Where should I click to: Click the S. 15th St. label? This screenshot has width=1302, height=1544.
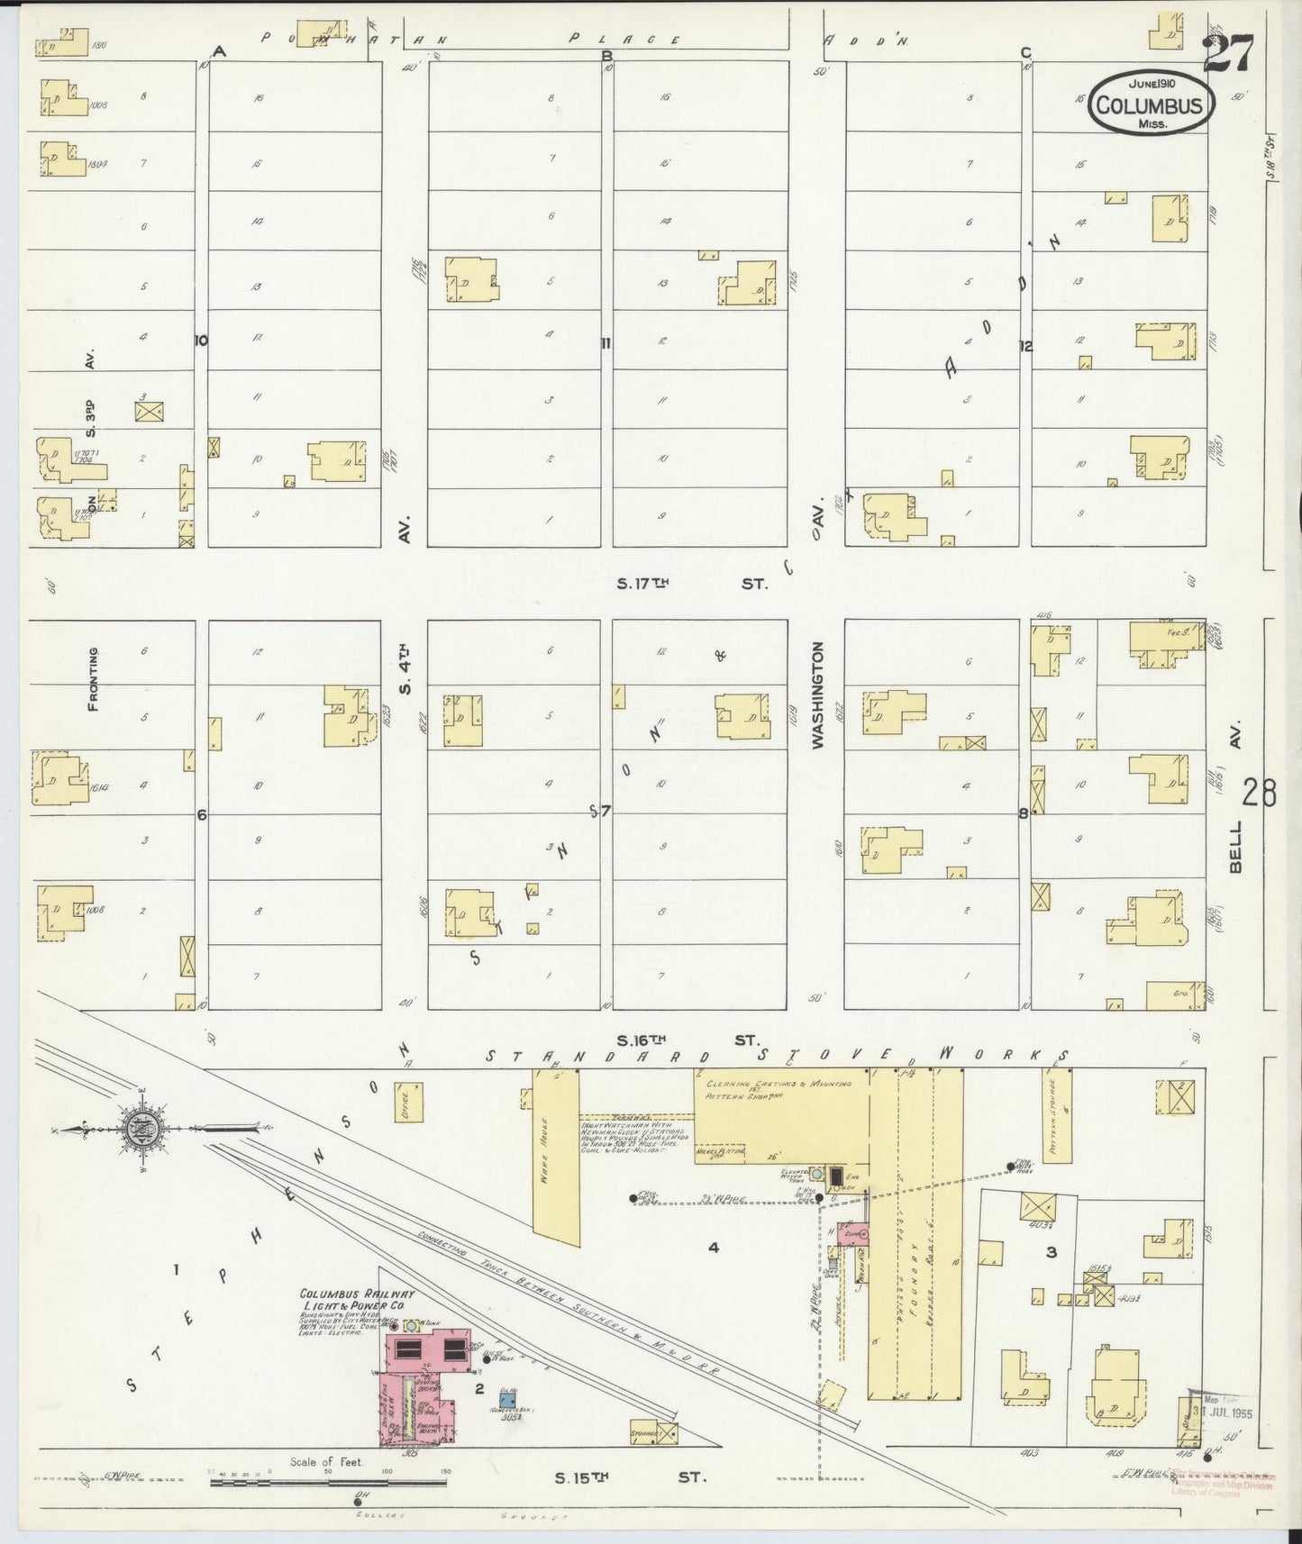(631, 1477)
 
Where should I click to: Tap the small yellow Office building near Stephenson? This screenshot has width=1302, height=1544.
(407, 1100)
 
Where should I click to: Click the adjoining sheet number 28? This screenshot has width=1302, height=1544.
(1258, 792)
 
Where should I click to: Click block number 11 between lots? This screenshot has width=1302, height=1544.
(606, 342)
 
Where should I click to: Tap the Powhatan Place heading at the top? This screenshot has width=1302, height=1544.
(469, 39)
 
